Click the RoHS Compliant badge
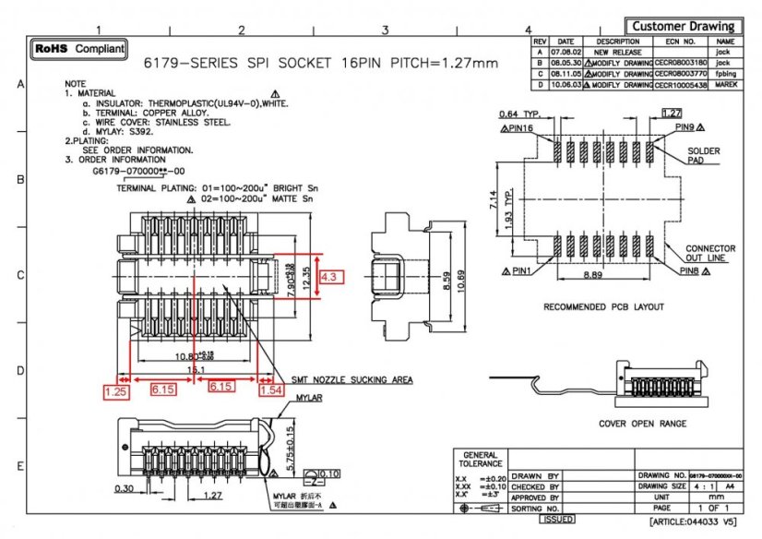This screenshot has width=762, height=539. [x=79, y=48]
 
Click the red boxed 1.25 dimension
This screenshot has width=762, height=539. [x=115, y=392]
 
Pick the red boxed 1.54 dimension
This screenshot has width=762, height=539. [x=271, y=392]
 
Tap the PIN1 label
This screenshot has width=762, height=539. [x=518, y=271]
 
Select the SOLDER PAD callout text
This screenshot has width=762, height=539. [x=705, y=155]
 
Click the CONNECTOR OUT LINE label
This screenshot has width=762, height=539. [x=710, y=253]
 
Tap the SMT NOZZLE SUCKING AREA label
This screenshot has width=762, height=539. [x=351, y=379]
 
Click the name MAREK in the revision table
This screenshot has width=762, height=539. [x=726, y=84]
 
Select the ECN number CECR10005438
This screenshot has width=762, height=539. [x=682, y=84]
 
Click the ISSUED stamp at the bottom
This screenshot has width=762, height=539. [x=558, y=520]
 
